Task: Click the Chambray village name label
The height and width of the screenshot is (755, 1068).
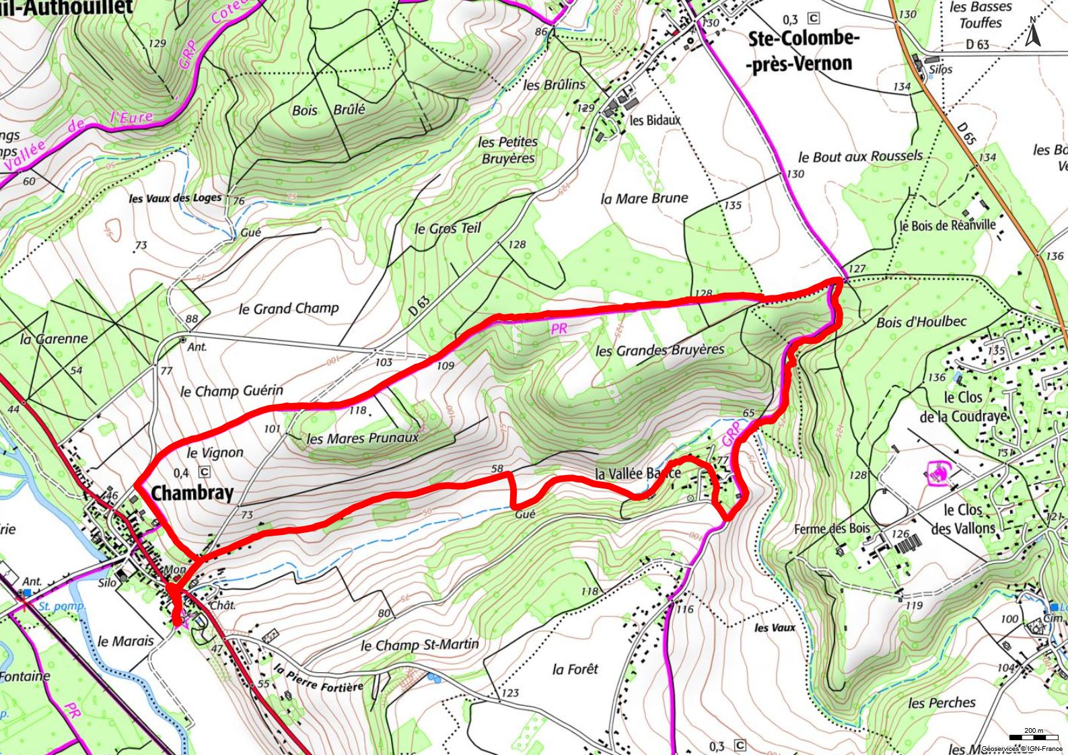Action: click(192, 493)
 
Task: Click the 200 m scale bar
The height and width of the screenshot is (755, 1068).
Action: click(1032, 738)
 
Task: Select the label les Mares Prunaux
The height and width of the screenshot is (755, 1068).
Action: click(363, 438)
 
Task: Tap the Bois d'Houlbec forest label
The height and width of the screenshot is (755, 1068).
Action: click(921, 322)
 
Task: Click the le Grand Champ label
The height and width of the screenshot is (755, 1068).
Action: click(289, 308)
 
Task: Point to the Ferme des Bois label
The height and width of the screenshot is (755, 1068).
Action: click(832, 529)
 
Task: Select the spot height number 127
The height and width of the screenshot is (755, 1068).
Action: click(857, 268)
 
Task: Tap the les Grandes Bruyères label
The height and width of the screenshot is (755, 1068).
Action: click(660, 350)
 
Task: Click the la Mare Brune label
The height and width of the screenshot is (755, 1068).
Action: click(644, 199)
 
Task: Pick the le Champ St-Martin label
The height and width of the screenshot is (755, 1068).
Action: click(420, 645)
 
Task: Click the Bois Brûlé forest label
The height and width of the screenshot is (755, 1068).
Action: click(328, 110)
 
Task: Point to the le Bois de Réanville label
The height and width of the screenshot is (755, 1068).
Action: click(948, 225)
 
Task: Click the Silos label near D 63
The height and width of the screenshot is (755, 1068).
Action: click(940, 69)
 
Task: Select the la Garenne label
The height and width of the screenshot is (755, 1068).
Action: click(54, 338)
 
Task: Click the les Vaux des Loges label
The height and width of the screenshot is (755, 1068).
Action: click(175, 199)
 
